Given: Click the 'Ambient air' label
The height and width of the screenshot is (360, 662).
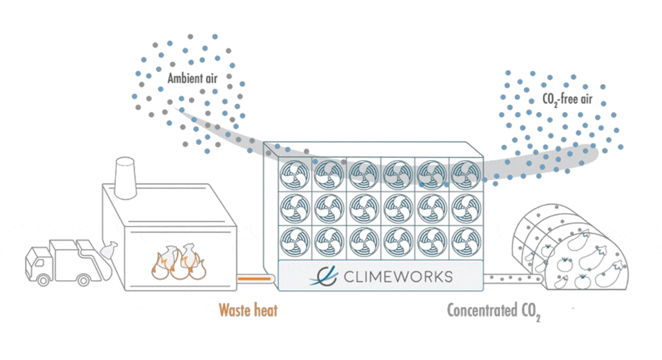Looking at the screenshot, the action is tap(192, 78).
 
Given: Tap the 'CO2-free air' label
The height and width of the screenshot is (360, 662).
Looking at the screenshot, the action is tap(567, 100).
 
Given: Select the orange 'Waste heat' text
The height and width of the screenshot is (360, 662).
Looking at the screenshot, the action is tap(248, 310).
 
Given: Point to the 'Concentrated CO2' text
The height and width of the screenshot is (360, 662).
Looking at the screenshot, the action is tap(494, 311).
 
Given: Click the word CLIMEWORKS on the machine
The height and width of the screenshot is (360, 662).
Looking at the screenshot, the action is tap(398, 277).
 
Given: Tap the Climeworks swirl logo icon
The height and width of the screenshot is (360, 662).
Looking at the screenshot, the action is tap(324, 277).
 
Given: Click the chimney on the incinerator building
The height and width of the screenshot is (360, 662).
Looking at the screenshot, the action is tap(125, 178).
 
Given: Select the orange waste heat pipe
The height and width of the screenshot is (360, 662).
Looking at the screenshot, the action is tap(255, 279).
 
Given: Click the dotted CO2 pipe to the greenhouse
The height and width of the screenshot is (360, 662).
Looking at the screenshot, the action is tap(513, 279).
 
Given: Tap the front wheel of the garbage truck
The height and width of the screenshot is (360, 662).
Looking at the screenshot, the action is tap(43, 279).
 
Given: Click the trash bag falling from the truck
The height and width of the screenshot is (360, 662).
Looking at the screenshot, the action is tap(109, 250).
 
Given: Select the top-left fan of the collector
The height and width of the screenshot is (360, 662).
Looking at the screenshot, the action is tap(295, 174).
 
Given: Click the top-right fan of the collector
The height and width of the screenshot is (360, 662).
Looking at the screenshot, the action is tap(466, 174).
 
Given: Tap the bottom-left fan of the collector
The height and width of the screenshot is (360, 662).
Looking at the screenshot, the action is tap(295, 243).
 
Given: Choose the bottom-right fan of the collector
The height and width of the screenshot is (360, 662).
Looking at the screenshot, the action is tap(466, 243).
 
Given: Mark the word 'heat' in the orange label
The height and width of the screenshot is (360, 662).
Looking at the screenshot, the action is tap(265, 310).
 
